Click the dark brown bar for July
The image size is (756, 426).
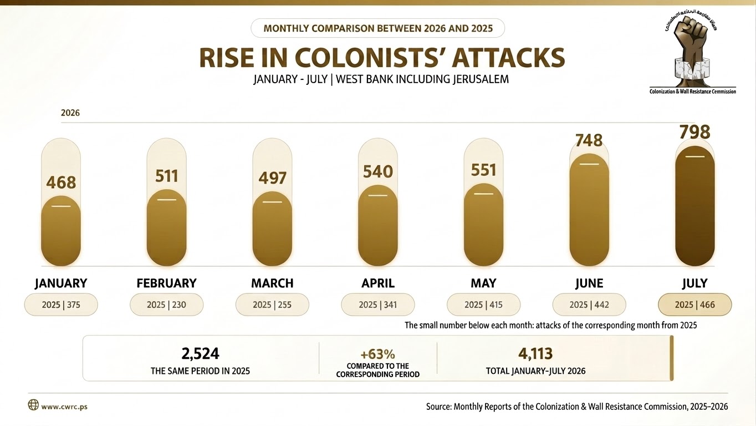[x=694, y=206]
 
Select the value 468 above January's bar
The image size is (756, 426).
[x=61, y=182]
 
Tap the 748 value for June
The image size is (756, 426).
[x=589, y=140]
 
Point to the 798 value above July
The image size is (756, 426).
[x=694, y=132]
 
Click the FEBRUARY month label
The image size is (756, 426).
[x=166, y=283]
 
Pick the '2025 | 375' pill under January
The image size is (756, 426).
[x=61, y=305]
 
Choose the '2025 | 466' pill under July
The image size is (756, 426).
[x=695, y=305]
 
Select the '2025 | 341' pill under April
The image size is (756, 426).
[x=377, y=305]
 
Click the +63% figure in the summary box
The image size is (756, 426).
[x=377, y=354]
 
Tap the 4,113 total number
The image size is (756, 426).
[x=535, y=354]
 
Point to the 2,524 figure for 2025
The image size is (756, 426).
[x=200, y=354]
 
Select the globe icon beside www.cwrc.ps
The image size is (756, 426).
[x=33, y=404]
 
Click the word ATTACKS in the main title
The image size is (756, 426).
[x=509, y=58]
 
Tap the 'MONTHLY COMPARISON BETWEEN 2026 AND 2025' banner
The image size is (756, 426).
[x=377, y=28]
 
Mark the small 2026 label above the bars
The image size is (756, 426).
[x=70, y=113]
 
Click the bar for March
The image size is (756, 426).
[x=272, y=229]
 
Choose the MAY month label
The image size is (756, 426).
[x=483, y=283]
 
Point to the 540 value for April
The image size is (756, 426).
[x=377, y=171]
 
